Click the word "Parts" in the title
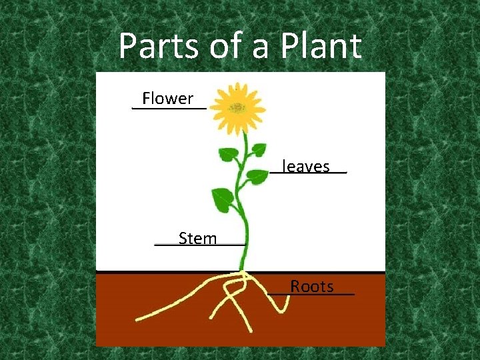coord(157,47)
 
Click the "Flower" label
coord(168,99)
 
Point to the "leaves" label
coord(306,166)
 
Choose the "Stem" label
coord(198,238)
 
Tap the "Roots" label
coord(312,287)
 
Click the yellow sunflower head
coord(237,108)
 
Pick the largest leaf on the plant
coord(223,199)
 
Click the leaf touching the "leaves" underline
coord(256,177)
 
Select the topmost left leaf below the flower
coord(228,154)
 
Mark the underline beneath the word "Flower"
coord(169,108)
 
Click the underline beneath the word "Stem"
coord(200,245)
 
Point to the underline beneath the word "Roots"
coord(311,294)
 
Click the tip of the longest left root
coord(137,319)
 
